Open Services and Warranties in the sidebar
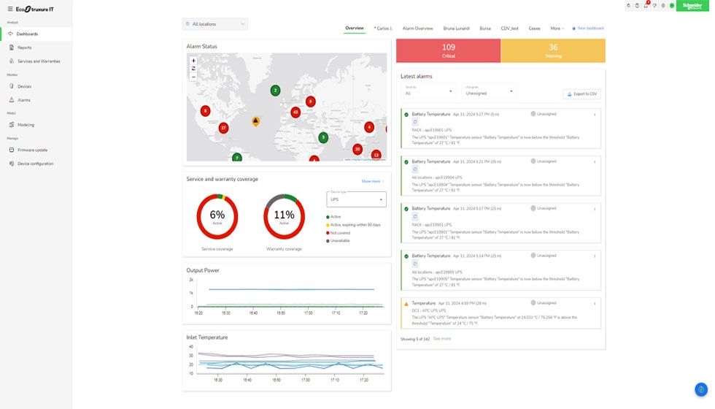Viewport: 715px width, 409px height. [39, 61]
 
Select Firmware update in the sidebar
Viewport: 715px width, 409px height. [32, 150]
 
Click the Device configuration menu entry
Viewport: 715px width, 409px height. [35, 164]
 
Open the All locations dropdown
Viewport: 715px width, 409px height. [214, 24]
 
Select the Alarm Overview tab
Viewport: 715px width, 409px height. [417, 28]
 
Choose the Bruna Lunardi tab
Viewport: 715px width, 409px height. [457, 28]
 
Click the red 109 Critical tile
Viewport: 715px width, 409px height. [448, 51]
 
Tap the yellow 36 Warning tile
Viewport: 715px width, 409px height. [553, 51]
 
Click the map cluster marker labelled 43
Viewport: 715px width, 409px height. [295, 112]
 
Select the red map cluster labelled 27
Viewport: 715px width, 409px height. [223, 128]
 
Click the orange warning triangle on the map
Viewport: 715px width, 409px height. [255, 121]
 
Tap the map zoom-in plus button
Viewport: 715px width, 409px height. [193, 61]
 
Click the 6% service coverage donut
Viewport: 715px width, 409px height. [217, 216]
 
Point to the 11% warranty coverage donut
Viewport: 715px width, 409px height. [284, 216]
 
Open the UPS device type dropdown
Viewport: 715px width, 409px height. [356, 199]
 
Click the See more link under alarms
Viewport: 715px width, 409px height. [442, 339]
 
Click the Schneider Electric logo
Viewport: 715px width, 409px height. [692, 6]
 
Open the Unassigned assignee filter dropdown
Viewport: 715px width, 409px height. [490, 91]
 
